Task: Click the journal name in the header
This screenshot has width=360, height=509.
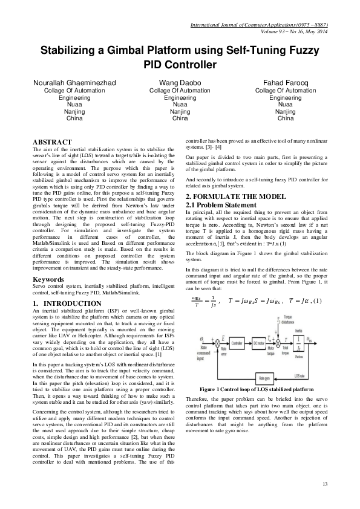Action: pos(259,25)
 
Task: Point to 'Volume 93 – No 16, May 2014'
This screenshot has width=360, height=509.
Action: pos(289,32)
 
